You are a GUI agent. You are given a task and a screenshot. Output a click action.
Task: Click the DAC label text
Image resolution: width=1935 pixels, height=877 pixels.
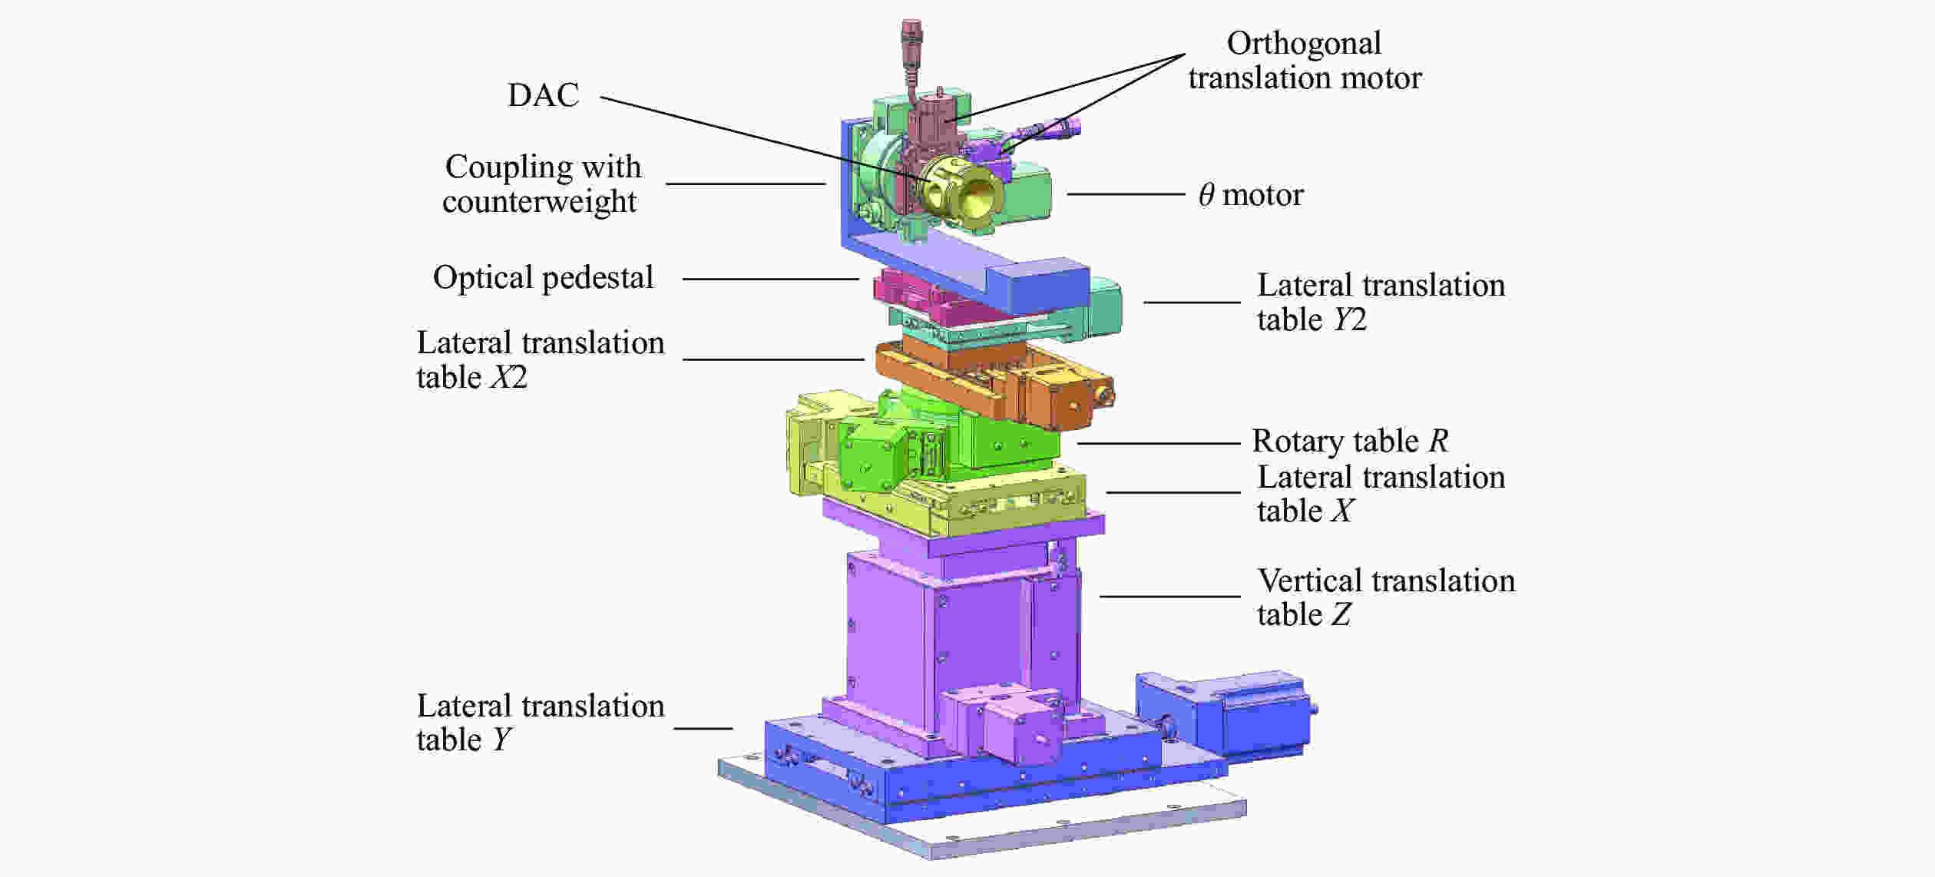click(543, 95)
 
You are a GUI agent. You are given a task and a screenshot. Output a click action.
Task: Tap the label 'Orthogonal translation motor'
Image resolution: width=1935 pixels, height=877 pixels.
click(1305, 61)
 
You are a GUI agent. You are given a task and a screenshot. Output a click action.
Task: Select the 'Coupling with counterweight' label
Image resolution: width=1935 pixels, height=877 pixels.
click(542, 184)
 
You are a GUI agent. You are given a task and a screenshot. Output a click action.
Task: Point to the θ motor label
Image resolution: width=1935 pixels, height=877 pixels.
click(1251, 195)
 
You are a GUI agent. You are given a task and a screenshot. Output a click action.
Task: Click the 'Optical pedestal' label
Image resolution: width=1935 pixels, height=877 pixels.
click(543, 278)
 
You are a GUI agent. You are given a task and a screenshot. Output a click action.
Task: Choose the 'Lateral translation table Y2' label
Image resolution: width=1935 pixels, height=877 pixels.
click(1381, 302)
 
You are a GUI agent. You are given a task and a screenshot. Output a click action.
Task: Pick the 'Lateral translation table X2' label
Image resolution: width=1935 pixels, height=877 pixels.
click(541, 359)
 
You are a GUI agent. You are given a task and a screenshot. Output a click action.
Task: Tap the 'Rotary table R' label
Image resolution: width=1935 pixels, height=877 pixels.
click(1350, 441)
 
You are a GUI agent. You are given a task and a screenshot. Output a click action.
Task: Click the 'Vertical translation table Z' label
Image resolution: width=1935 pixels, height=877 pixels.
click(1386, 597)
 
